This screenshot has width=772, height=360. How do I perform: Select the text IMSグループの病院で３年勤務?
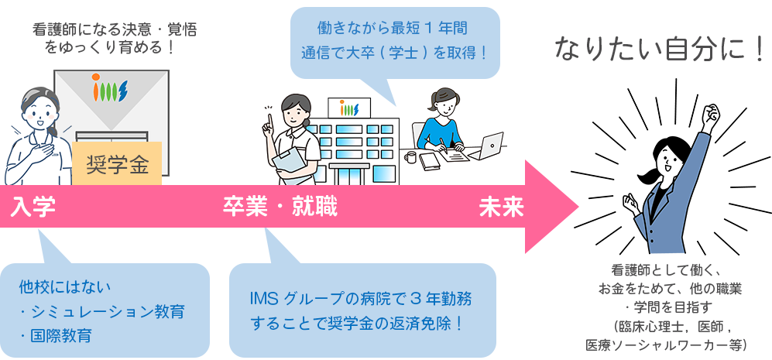(x=361, y=297)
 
